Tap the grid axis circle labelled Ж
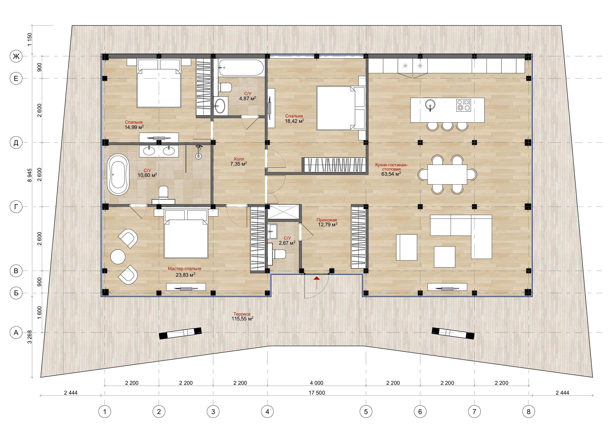point(16,56)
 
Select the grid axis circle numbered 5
point(366,412)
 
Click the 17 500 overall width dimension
point(317,392)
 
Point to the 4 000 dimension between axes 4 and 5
point(317,383)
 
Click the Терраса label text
point(242,314)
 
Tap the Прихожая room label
point(327,220)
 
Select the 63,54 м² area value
point(391,174)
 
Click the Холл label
point(239,159)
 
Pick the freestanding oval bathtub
point(118,174)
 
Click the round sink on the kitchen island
point(430,104)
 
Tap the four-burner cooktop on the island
point(463,105)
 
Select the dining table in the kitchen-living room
point(447,174)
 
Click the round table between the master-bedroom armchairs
point(118,257)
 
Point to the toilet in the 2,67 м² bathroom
point(277,254)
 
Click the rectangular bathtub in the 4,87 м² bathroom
point(241,68)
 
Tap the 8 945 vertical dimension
point(29,175)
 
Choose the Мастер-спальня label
point(184,269)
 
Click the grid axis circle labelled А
point(16,332)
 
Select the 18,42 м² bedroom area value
point(294,121)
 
